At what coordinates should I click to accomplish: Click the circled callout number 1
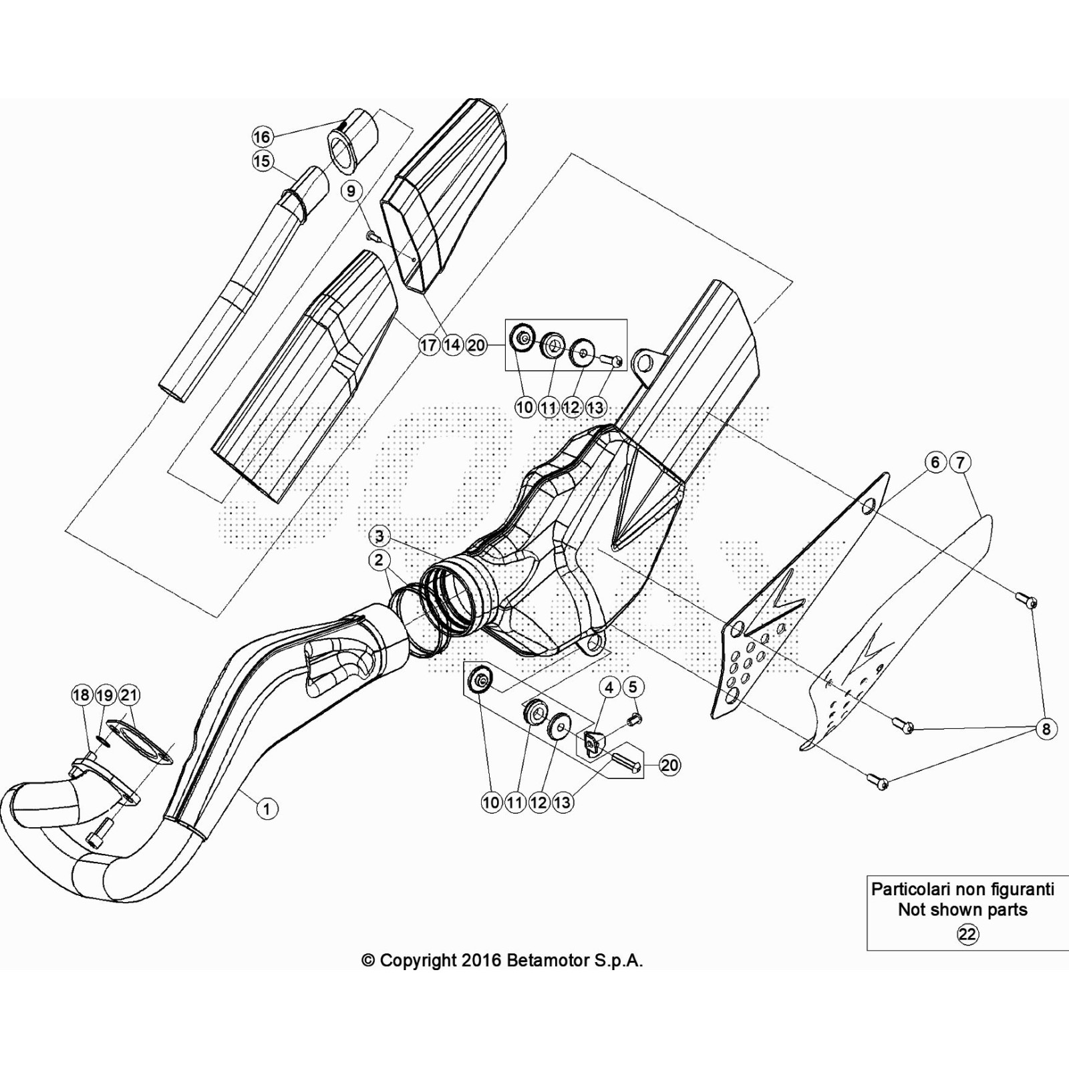[267, 809]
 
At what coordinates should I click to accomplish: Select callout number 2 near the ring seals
[379, 560]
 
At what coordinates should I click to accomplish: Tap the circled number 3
[379, 536]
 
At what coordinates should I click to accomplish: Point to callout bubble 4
[609, 686]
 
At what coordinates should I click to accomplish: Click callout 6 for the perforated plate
[935, 462]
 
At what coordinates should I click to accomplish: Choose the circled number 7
[960, 462]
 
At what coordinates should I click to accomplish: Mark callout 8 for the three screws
[1046, 729]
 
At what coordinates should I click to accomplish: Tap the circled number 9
[351, 191]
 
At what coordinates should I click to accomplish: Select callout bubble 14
[452, 345]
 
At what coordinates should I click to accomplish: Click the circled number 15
[263, 161]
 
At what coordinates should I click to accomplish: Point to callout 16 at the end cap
[262, 137]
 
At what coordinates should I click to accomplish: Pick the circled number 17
[428, 345]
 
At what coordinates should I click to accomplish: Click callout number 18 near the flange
[81, 696]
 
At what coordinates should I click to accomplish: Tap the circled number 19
[105, 696]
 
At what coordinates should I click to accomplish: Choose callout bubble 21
[129, 696]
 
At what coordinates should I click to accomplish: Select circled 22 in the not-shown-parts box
[967, 933]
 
